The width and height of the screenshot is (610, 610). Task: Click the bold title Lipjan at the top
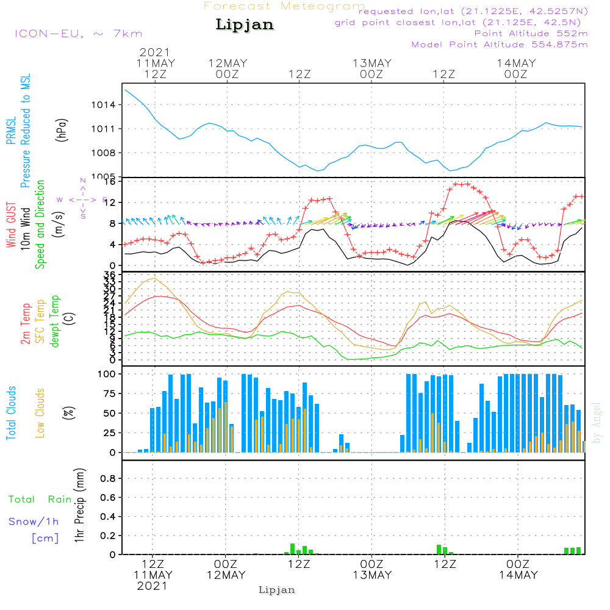[245, 25]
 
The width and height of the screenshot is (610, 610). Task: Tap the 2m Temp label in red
[26, 323]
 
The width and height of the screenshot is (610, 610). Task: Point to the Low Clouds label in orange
[40, 413]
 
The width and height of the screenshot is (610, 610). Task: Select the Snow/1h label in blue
[34, 522]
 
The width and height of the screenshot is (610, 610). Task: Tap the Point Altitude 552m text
[531, 33]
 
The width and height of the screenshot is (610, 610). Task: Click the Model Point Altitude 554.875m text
[500, 45]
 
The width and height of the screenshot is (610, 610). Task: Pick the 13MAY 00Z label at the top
[371, 68]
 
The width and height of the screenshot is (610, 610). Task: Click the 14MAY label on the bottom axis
[518, 575]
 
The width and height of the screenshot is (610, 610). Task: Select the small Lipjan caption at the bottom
[277, 590]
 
